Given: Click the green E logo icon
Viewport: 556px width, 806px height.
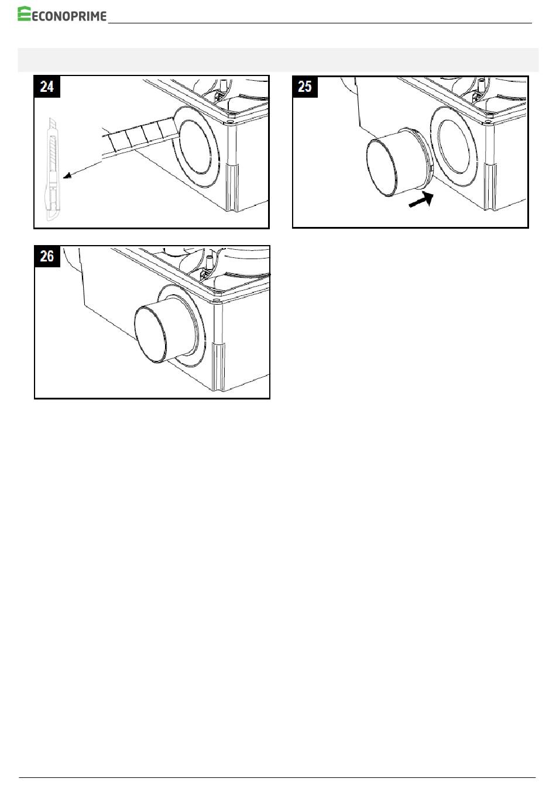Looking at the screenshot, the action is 24,13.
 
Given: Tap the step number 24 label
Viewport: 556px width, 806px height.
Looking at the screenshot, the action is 47,87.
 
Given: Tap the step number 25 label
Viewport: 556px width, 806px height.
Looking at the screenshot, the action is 305,87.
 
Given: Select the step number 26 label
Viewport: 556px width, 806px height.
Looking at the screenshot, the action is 47,256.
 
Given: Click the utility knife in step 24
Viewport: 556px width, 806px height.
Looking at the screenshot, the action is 52,168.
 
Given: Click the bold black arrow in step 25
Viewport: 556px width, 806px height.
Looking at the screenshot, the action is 421,199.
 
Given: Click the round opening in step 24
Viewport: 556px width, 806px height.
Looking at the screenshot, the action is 195,146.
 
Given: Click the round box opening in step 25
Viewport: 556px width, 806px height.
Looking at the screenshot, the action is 454,147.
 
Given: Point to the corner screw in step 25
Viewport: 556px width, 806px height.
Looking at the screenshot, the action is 488,123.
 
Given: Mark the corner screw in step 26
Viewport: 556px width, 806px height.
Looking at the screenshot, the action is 216,301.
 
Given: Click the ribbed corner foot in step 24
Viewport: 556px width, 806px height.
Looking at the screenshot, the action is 232,188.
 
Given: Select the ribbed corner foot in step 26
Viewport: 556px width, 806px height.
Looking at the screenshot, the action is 218,367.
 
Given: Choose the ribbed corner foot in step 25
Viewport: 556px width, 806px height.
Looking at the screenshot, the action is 490,187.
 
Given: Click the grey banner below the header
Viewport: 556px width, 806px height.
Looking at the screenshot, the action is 278,60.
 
